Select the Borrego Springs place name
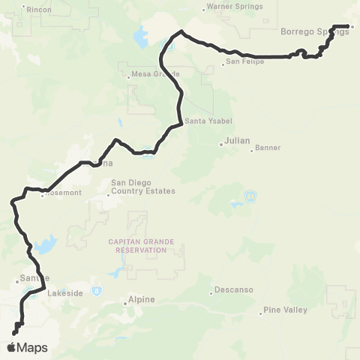[314, 31]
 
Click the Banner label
[267, 148]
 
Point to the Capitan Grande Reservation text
[136, 246]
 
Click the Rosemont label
[62, 193]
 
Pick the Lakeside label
[64, 294]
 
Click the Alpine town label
[142, 300]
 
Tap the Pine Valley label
[283, 310]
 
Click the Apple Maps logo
[26, 347]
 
